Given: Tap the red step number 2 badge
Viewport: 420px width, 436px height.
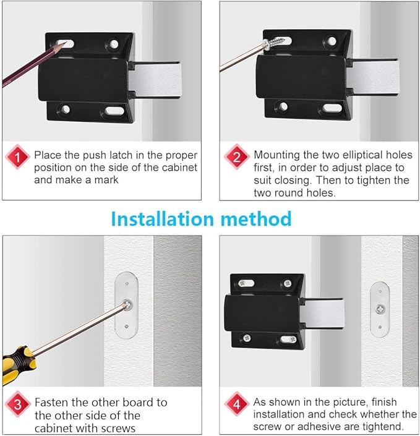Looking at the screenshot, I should click(236, 156).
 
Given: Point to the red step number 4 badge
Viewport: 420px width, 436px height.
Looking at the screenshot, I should click(236, 404).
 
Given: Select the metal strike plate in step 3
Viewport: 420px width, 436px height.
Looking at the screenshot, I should click(126, 304).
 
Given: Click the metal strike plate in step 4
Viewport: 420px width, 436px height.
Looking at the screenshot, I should click(379, 307).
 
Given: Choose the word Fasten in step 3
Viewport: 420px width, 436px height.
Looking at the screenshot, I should click(51, 402).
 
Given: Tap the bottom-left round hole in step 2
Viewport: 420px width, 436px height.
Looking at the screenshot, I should click(282, 106).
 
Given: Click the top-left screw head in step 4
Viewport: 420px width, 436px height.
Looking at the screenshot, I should click(246, 281).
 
